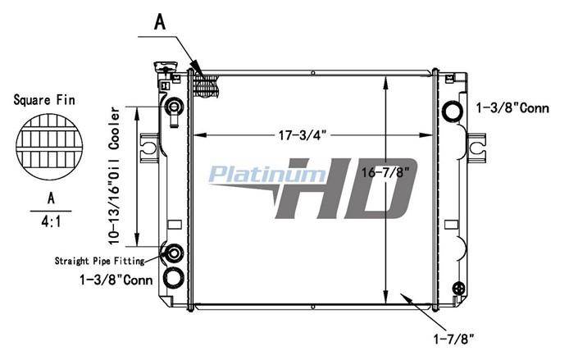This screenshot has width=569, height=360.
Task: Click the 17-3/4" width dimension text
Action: (303, 136)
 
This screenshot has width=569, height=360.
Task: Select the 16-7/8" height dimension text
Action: (388, 172)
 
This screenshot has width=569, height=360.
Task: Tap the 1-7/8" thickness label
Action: (454, 339)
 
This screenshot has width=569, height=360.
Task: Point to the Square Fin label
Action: (44, 100)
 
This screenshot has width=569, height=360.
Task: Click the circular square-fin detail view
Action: (49, 147)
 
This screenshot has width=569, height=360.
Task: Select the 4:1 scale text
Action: (51, 221)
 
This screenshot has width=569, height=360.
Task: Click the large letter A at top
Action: (160, 22)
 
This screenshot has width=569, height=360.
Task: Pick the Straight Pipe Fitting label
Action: (100, 261)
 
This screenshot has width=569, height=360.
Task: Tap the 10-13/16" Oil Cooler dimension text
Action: (114, 175)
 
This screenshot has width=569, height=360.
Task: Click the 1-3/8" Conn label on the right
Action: (512, 107)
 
